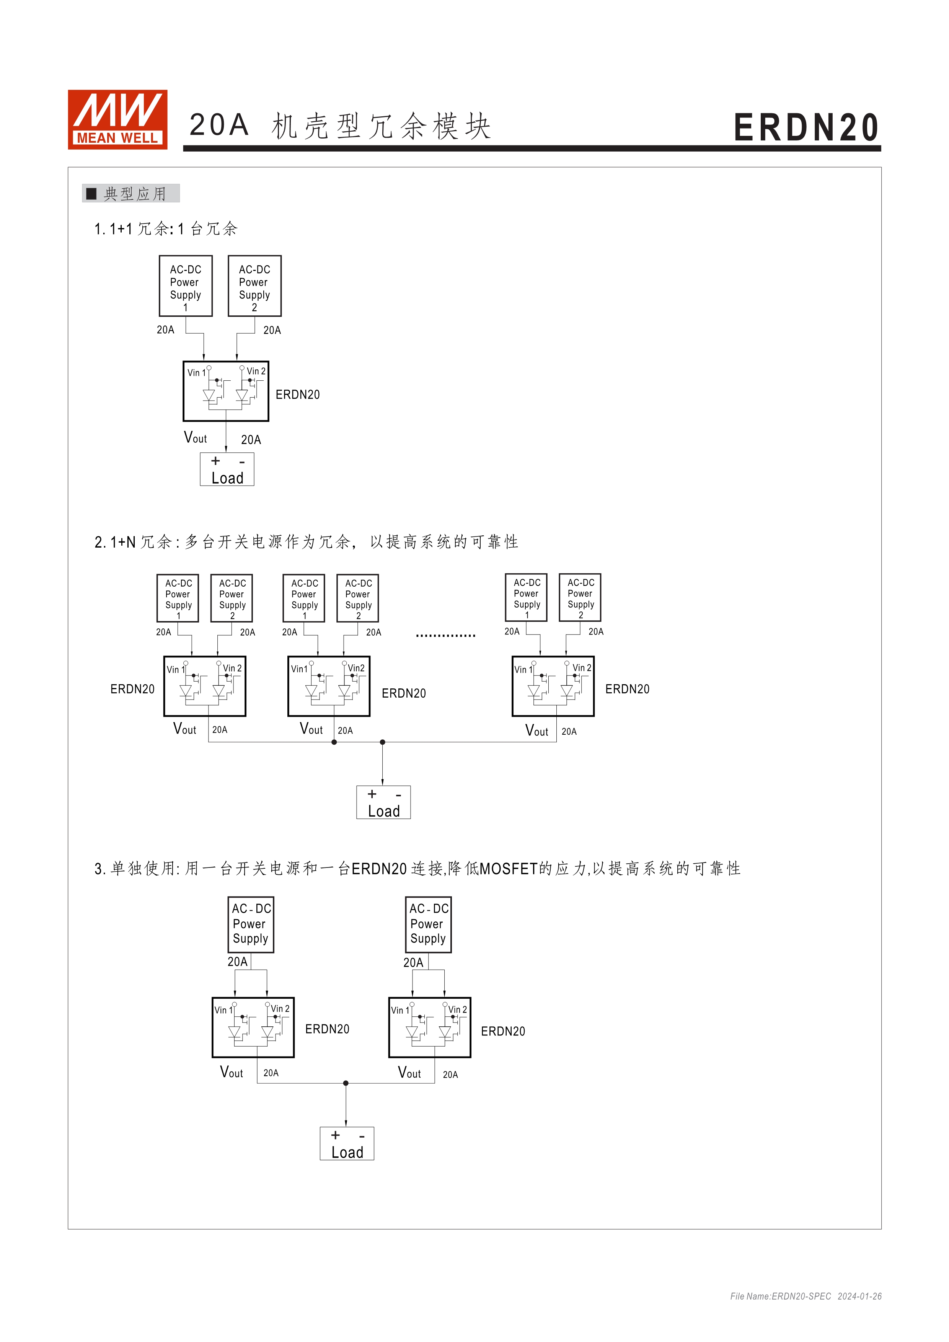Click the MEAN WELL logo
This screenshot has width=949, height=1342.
(117, 119)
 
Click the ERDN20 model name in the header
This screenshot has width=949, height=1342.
(806, 128)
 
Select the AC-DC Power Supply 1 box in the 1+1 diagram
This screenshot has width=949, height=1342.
(185, 286)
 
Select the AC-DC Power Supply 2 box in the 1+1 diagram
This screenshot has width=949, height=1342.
(254, 286)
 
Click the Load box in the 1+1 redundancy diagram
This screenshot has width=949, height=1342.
(227, 470)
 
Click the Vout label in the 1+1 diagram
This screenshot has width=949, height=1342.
(195, 438)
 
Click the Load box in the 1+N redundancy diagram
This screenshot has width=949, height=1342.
(383, 802)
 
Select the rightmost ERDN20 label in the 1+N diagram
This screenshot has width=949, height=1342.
(627, 690)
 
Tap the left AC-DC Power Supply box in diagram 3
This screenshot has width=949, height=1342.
(251, 924)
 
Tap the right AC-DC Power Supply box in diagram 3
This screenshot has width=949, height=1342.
(428, 924)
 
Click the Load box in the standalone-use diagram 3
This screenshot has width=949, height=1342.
(347, 1144)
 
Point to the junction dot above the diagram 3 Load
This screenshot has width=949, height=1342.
(346, 1083)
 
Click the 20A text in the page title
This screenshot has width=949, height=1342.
(218, 126)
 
